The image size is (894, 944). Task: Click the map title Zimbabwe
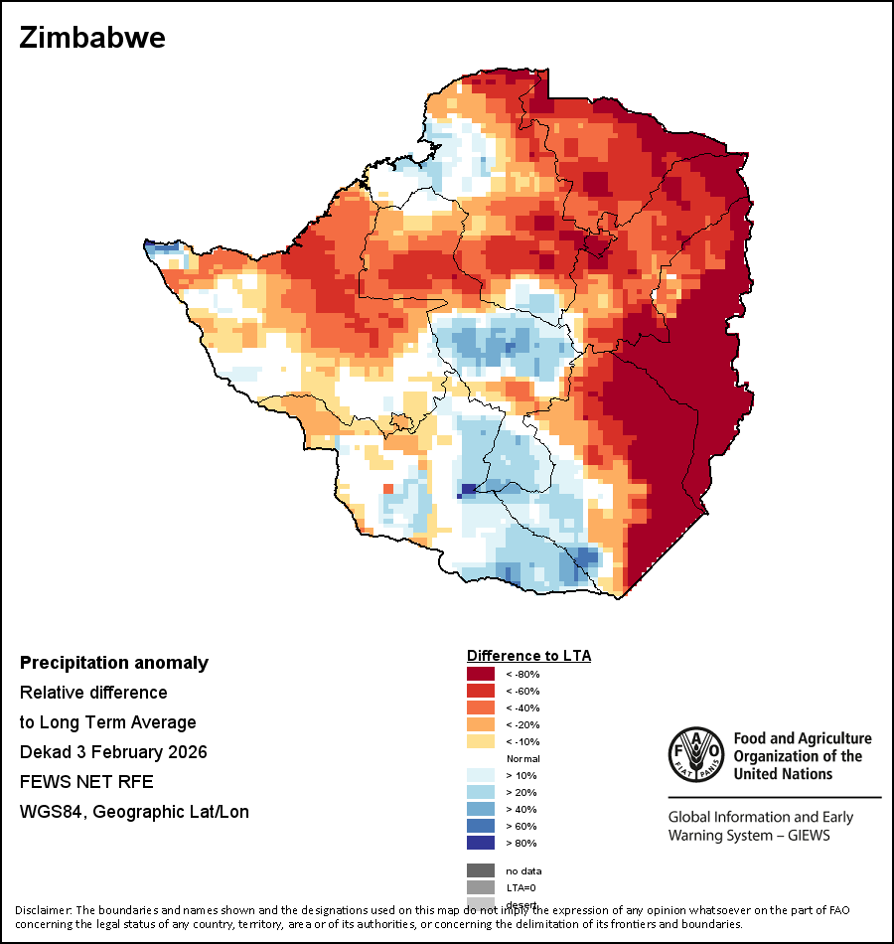tap(92, 39)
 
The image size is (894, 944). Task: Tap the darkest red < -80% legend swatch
tap(481, 675)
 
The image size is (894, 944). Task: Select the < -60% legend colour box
tap(481, 692)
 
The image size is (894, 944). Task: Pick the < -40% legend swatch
tap(481, 708)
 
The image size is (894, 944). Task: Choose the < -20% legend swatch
tap(481, 725)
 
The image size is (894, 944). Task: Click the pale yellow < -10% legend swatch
tap(481, 742)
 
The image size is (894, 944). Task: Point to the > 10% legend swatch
tap(481, 776)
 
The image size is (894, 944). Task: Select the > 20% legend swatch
tap(481, 793)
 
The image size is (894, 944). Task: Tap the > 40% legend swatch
tap(481, 810)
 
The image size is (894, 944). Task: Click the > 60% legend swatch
tap(481, 827)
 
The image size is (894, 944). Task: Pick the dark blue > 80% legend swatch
tap(481, 844)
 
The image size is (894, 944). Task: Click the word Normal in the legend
tap(522, 759)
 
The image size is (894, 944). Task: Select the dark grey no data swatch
tap(481, 870)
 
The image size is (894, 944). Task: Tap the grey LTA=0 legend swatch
tap(481, 887)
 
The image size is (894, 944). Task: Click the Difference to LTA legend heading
tap(528, 656)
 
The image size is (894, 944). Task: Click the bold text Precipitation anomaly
tap(114, 663)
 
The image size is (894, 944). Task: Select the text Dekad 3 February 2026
tap(113, 752)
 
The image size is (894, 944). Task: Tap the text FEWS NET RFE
tap(86, 782)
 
